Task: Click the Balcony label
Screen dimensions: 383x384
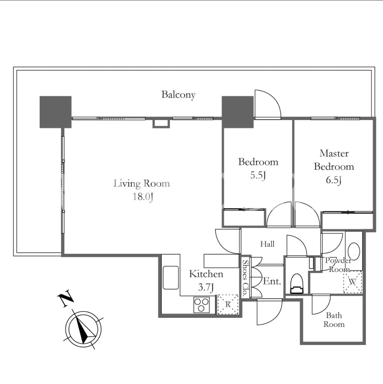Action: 178,95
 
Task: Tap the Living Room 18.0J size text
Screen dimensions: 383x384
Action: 143,197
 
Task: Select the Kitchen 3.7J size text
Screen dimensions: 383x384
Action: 206,287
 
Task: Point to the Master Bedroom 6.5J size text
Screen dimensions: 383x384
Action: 334,180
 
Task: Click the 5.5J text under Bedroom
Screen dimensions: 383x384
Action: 258,175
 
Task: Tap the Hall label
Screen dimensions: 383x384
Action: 267,244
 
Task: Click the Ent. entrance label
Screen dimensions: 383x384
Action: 272,281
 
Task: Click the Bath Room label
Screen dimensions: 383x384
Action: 334,320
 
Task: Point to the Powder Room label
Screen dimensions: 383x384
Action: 338,265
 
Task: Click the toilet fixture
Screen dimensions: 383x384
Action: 297,284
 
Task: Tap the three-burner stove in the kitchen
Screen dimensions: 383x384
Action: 201,305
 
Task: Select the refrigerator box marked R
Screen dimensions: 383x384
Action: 228,304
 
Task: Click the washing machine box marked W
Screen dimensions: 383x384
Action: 353,282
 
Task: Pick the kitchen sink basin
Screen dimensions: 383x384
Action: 171,278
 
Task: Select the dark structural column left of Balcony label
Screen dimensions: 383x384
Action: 56,112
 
